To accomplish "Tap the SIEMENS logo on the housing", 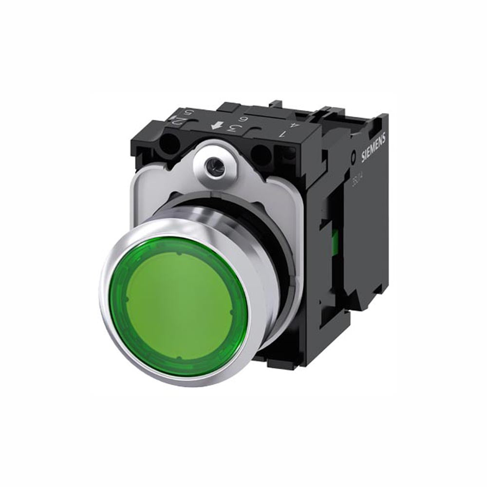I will [374, 146].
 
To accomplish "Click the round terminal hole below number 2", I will [169, 144].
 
